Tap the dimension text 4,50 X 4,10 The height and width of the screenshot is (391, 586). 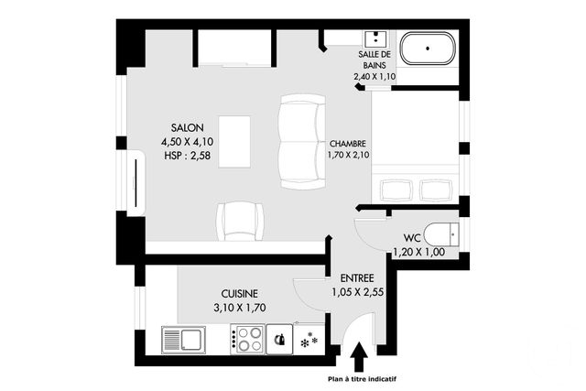click(186, 142)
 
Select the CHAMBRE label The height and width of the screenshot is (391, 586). click(347, 144)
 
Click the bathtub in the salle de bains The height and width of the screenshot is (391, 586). click(428, 49)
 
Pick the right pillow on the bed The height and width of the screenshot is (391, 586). click(436, 190)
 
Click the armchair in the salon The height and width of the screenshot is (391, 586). click(240, 221)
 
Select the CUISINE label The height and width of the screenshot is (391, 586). click(239, 293)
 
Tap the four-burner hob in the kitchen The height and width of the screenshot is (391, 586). click(247, 340)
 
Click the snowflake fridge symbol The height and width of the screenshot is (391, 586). click(308, 341)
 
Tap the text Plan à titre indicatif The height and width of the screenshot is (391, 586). click(357, 378)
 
